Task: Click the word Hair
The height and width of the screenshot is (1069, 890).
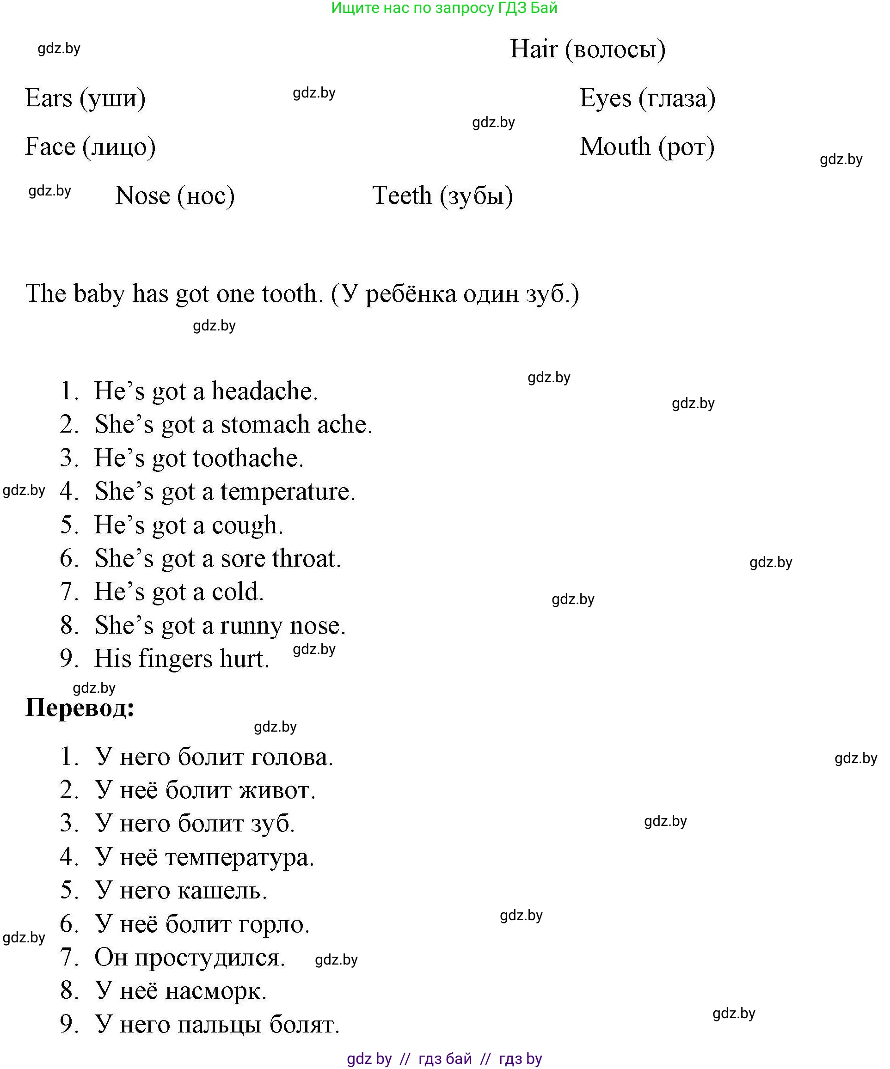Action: (x=534, y=49)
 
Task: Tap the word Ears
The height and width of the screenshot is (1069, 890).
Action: (x=49, y=98)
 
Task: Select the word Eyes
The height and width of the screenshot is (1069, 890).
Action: (x=605, y=98)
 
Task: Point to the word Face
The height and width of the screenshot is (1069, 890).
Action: (x=50, y=147)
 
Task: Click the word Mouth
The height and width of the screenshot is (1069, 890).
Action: (x=614, y=147)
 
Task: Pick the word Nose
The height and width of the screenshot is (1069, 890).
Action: (x=142, y=196)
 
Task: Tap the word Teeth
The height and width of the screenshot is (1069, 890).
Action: (x=402, y=196)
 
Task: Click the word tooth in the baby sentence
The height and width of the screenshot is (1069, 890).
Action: (x=292, y=294)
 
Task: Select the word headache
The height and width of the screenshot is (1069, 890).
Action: (x=264, y=391)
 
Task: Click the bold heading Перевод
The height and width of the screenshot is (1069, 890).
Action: (x=80, y=708)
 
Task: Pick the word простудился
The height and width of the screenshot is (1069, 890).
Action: (x=209, y=958)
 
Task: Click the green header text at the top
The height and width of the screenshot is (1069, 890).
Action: (x=444, y=8)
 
